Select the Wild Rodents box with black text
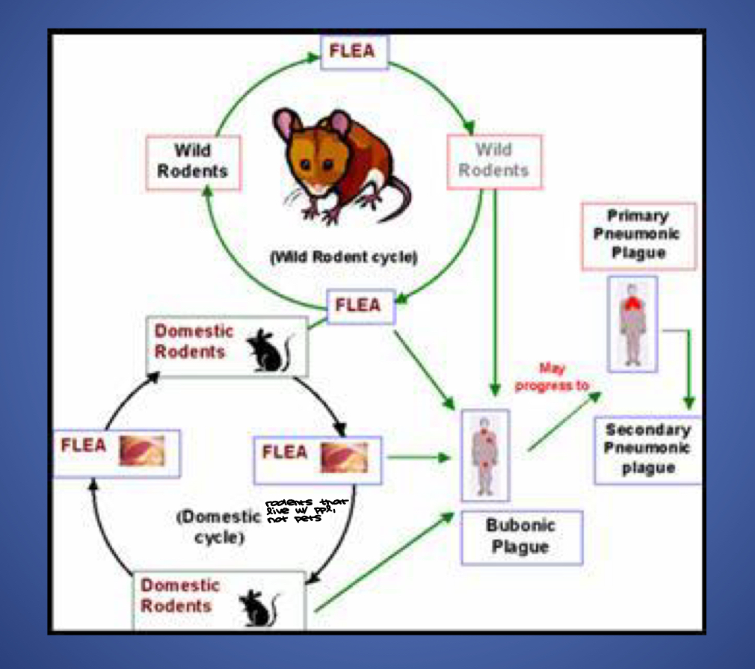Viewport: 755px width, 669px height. coord(193,161)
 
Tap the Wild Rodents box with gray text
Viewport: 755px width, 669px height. coord(494,161)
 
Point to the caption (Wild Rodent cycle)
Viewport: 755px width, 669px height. coord(344,257)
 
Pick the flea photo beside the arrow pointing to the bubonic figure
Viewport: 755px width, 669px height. coord(345,457)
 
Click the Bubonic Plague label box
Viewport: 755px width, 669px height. coord(520,536)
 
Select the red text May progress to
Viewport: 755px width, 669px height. coord(552,377)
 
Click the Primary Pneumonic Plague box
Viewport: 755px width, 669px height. coord(638,235)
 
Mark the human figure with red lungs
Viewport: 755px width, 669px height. coord(632,322)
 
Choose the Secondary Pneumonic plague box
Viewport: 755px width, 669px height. coord(648,448)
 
